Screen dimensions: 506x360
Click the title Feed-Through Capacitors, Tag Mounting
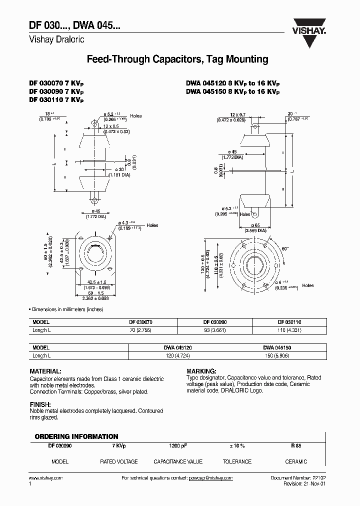(x=177, y=59)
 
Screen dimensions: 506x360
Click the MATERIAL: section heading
(x=45, y=372)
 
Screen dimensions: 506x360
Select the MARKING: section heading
(x=201, y=372)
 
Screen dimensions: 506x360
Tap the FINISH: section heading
(x=40, y=404)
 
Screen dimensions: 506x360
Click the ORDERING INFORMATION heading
(x=76, y=436)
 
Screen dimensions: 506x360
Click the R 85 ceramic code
(x=296, y=445)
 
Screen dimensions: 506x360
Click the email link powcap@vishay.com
(x=211, y=478)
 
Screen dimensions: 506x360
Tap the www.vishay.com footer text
(x=46, y=478)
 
